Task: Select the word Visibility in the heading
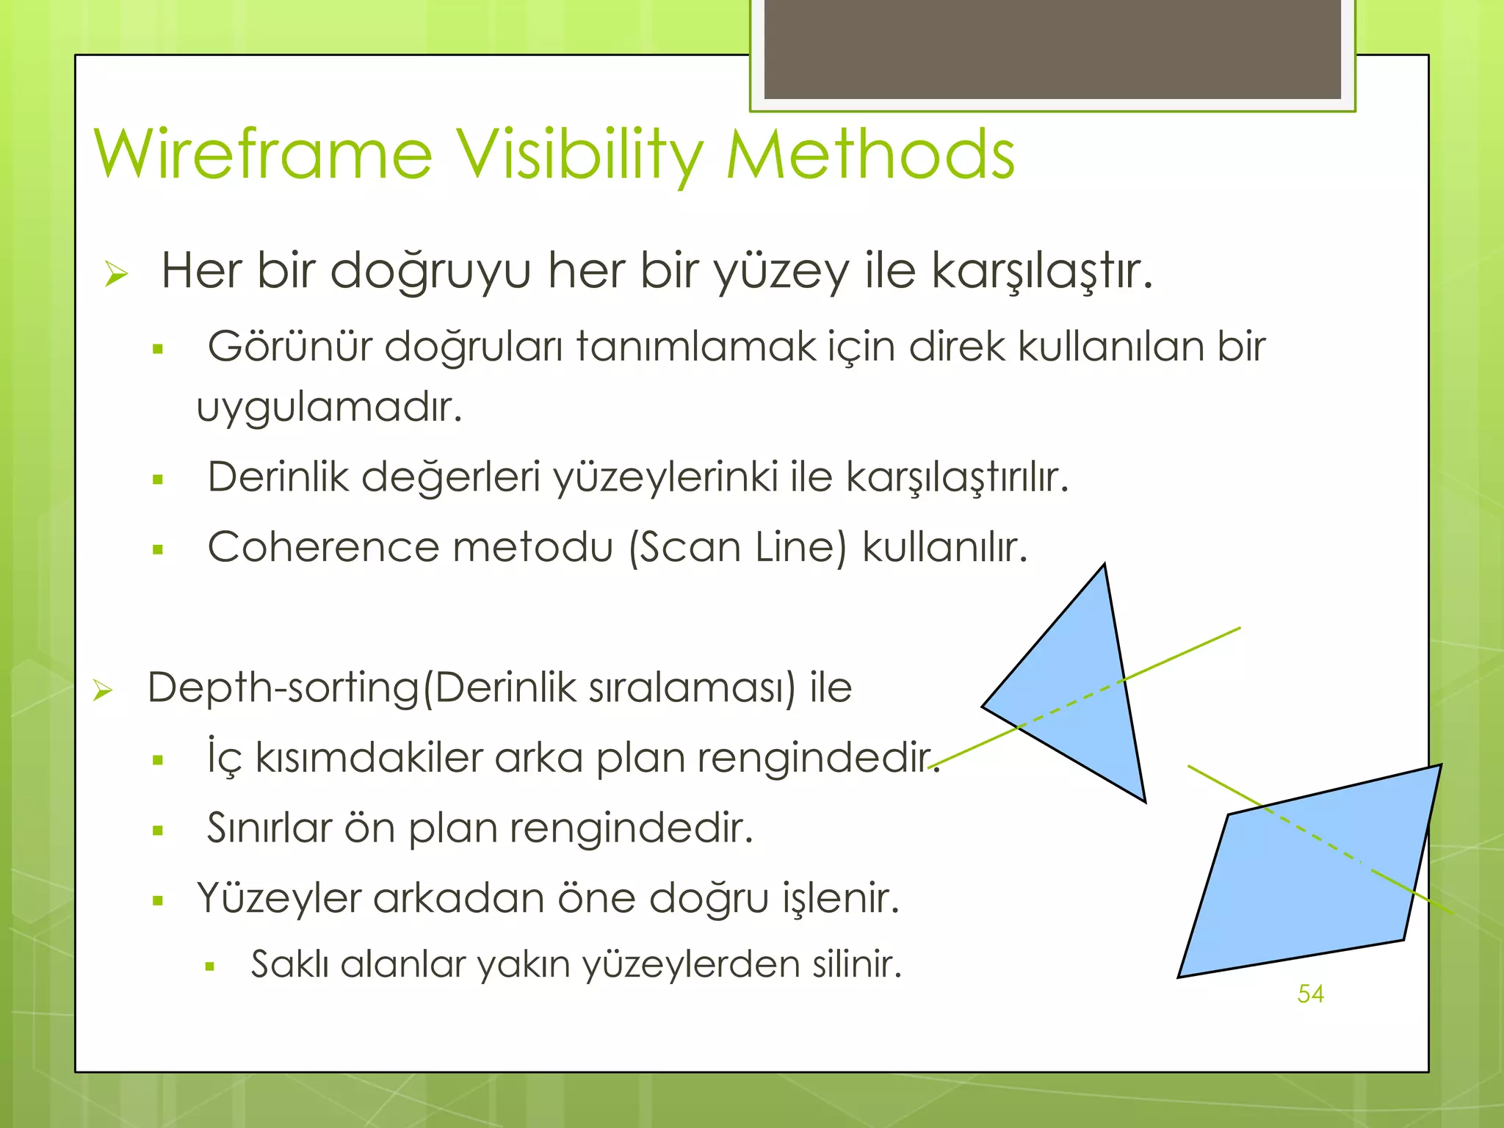(x=579, y=156)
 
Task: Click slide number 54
(x=1310, y=994)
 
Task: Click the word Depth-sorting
(x=283, y=688)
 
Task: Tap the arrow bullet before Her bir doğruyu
(x=116, y=274)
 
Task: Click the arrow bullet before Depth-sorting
(x=103, y=690)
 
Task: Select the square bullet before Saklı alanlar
(x=210, y=967)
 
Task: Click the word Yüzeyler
(x=278, y=898)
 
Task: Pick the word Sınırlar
(x=270, y=828)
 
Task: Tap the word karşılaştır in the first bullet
(x=1040, y=272)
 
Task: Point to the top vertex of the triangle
(x=1104, y=566)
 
